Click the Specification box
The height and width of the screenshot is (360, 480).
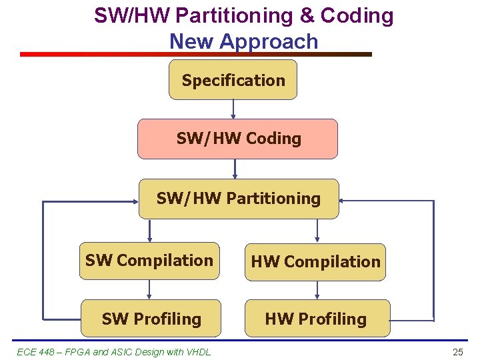coord(233,80)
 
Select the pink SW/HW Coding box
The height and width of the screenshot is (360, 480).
coord(237,139)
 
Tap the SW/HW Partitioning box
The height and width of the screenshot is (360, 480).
coord(238,199)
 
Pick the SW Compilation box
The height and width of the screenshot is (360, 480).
coord(149,261)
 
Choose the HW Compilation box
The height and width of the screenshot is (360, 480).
coord(315,262)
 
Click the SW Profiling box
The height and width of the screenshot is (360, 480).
coord(151,319)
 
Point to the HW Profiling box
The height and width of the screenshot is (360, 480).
coord(315,319)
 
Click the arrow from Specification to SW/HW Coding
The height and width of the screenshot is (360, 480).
coord(233,109)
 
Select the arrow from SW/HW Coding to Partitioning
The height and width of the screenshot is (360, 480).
coord(235,169)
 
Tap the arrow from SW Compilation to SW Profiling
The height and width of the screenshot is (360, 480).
coord(149,289)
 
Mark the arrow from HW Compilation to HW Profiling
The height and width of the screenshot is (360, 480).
coord(317,290)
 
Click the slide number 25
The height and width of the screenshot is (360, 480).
coord(457,352)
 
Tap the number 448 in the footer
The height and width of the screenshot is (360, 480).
coord(47,352)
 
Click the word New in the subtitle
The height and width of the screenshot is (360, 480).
coord(191,41)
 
